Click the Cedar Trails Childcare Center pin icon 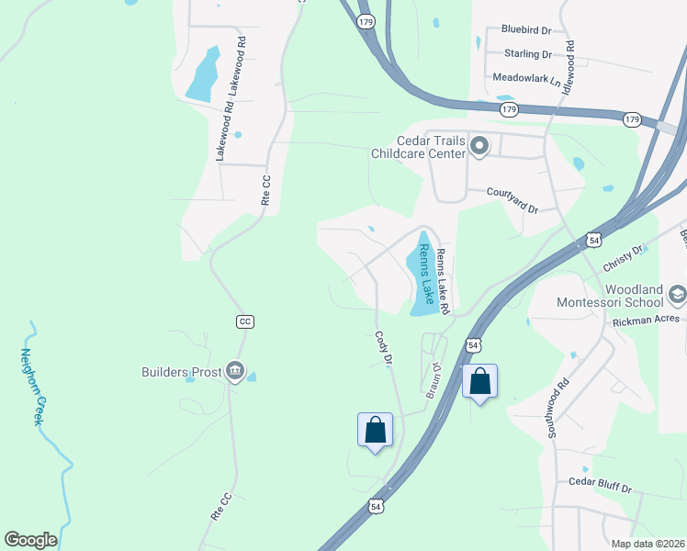click(x=479, y=146)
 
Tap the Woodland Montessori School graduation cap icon click(x=678, y=294)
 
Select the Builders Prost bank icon click(x=235, y=372)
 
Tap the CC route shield click(x=244, y=321)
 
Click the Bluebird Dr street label click(x=525, y=29)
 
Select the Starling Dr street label click(x=527, y=54)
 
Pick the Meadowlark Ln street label click(x=526, y=78)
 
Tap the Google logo click(x=30, y=540)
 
